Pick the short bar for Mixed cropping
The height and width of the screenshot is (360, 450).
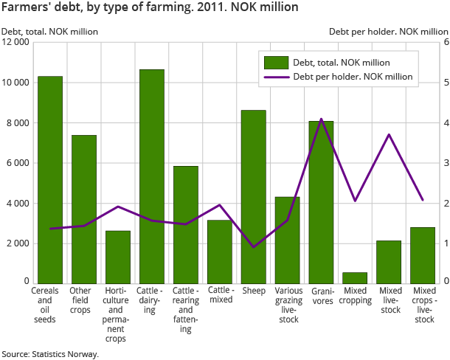point(355,277)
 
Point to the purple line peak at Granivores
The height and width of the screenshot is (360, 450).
point(321,119)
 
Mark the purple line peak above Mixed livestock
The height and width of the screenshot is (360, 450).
point(389,134)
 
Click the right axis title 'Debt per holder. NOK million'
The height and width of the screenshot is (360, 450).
point(388,32)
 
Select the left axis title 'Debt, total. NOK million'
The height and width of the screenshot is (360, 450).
point(49,32)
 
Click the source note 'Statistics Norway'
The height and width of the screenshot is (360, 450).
point(49,354)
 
